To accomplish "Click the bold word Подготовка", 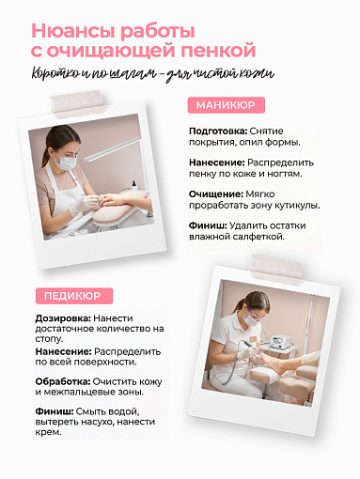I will tap(220, 131).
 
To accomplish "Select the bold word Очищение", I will tap(216, 193).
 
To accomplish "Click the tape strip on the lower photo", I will tap(285, 269).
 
